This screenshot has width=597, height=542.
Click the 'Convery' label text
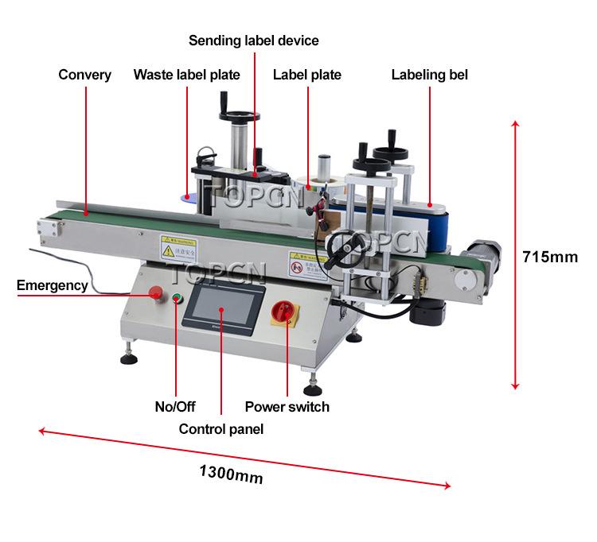pos(84,75)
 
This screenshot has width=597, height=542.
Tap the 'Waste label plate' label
pos(186,75)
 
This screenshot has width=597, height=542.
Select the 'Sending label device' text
pos(253,41)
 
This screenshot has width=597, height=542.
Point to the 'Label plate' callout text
pos(306,75)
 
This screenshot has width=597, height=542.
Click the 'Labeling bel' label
pos(429,75)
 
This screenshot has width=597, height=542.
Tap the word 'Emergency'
pos(52,285)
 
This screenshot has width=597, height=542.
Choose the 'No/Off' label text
pos(174,407)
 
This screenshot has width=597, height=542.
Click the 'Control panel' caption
pos(220,429)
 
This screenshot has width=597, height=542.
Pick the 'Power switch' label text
pos(287,407)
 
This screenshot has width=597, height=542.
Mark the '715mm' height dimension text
pos(549,257)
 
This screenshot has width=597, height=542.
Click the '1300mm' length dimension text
pos(231,474)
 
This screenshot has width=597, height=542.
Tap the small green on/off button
pos(177,300)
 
